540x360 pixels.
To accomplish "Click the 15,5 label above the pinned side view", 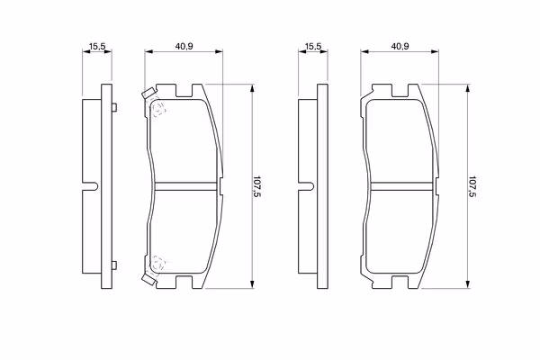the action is (x=97, y=46).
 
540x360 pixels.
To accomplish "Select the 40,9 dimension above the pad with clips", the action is (x=184, y=46).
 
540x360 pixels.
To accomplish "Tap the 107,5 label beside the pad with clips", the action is (x=256, y=186).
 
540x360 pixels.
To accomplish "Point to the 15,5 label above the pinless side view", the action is (x=313, y=46).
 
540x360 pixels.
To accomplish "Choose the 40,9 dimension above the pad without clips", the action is (x=400, y=46).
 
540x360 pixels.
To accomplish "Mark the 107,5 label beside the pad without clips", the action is (x=472, y=186).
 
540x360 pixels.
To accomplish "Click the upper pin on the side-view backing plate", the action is (x=114, y=107).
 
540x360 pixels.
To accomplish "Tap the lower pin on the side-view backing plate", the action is (x=114, y=265).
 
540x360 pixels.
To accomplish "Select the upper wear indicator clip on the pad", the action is (x=149, y=94).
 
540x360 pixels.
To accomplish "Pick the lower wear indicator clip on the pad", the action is (x=149, y=278).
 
